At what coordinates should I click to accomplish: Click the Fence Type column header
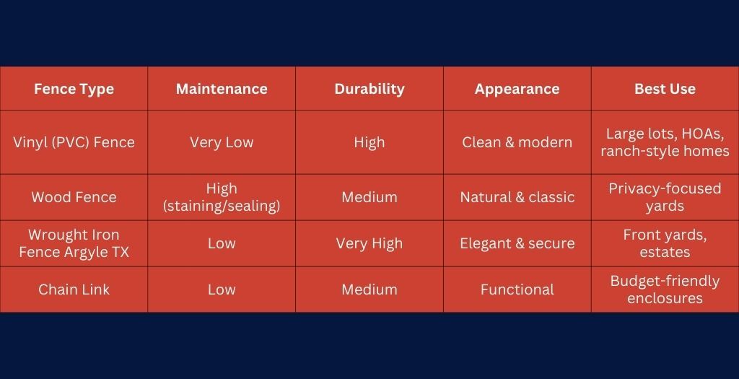(x=74, y=90)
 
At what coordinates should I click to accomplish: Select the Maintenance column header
(x=222, y=90)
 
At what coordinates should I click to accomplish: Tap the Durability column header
(x=369, y=90)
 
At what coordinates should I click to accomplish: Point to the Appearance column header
(x=517, y=90)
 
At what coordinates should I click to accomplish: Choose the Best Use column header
(x=665, y=90)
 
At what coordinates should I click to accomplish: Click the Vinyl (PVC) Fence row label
(x=74, y=142)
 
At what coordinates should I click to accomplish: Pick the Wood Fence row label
(x=74, y=197)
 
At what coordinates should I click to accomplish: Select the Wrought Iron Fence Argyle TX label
(x=74, y=243)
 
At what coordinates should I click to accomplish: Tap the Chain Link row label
(x=74, y=289)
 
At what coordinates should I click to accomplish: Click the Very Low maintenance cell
(x=222, y=142)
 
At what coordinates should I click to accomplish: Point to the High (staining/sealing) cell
(x=222, y=197)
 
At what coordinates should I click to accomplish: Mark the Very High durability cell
(x=369, y=243)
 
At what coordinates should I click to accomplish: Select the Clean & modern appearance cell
(x=517, y=142)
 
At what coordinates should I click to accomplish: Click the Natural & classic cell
(x=517, y=197)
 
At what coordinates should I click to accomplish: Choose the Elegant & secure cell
(x=517, y=243)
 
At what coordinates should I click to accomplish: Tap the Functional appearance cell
(x=517, y=289)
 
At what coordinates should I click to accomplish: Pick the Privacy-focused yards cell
(x=665, y=197)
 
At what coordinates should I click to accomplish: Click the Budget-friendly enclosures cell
(x=665, y=289)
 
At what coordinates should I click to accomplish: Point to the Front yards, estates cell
(x=665, y=243)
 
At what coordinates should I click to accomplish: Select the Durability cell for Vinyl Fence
(x=369, y=142)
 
